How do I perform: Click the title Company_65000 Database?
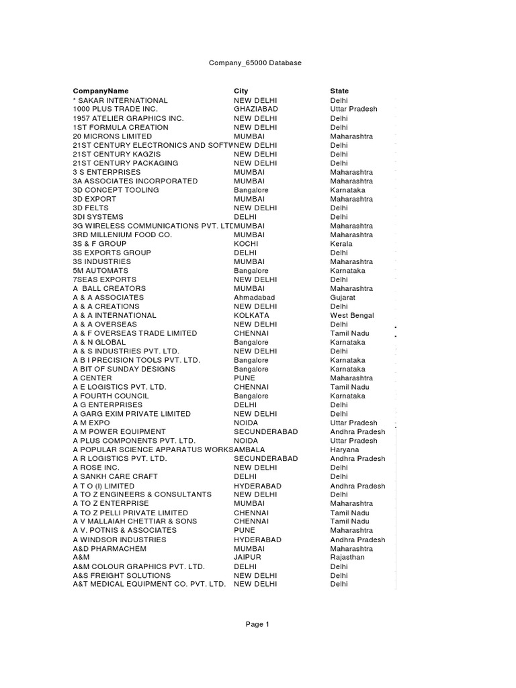[x=252, y=63]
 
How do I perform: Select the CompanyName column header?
[x=100, y=91]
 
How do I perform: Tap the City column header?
[x=241, y=91]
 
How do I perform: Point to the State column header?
[x=339, y=91]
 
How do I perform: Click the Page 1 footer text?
[x=257, y=624]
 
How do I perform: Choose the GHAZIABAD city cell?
[x=255, y=109]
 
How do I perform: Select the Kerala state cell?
[x=341, y=243]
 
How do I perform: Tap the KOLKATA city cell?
[x=251, y=315]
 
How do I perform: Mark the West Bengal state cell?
[x=352, y=315]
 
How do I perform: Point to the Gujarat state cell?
[x=343, y=297]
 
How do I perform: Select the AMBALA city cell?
[x=250, y=449]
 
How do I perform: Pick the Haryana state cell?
[x=344, y=449]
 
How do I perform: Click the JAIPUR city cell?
[x=247, y=557]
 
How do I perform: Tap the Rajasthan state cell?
[x=347, y=557]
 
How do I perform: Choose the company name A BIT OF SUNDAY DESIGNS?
[x=124, y=369]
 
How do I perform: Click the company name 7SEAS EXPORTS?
[x=104, y=279]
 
